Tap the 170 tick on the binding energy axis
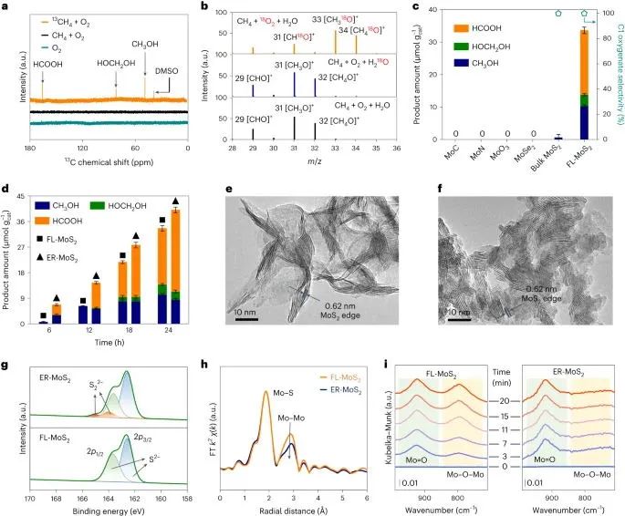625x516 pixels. pos(30,499)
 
